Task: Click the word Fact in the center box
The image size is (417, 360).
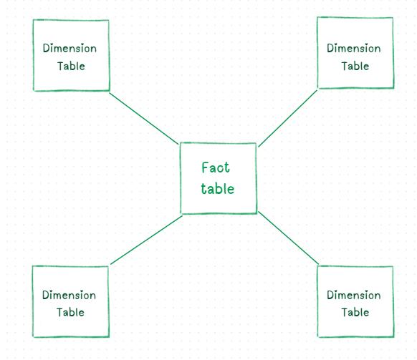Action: point(216,167)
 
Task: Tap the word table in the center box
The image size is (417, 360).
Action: point(218,189)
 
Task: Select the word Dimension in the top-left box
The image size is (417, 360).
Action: point(69,49)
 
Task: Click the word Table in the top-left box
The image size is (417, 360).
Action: point(71,66)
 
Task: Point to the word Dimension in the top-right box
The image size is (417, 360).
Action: point(354,49)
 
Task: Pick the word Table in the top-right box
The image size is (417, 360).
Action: point(355,66)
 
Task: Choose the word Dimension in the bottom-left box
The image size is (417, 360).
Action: point(69,295)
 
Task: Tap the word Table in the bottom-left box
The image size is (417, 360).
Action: point(70,312)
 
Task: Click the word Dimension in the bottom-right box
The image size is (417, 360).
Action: point(354,295)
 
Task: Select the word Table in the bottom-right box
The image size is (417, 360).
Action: point(355,312)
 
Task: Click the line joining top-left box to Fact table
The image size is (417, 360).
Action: point(144,119)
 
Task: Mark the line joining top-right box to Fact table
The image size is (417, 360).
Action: point(288,118)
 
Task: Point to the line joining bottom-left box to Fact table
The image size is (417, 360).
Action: point(146,240)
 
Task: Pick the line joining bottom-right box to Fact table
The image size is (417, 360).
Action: point(288,238)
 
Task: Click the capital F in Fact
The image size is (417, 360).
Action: point(205,167)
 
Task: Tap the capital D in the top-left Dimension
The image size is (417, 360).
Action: point(47,48)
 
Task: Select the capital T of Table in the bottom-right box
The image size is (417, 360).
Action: point(345,312)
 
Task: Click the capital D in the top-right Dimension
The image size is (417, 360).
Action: point(330,48)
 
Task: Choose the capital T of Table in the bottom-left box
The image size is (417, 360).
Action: point(60,312)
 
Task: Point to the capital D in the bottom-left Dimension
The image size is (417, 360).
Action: point(46,295)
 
